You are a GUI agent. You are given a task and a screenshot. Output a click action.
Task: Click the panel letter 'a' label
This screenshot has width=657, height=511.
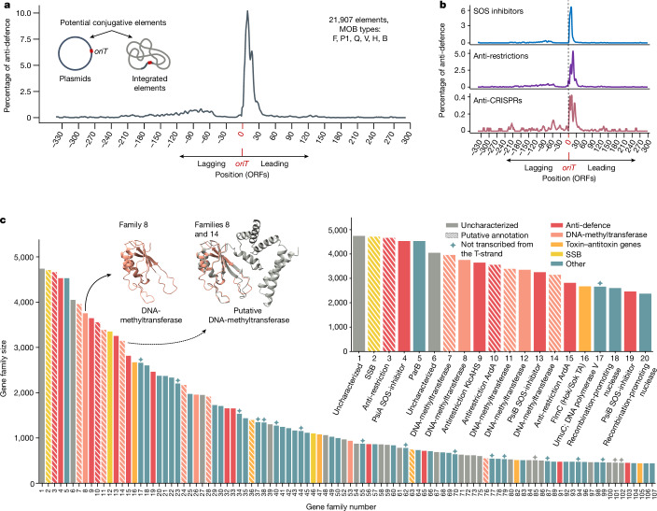point(7,7)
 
